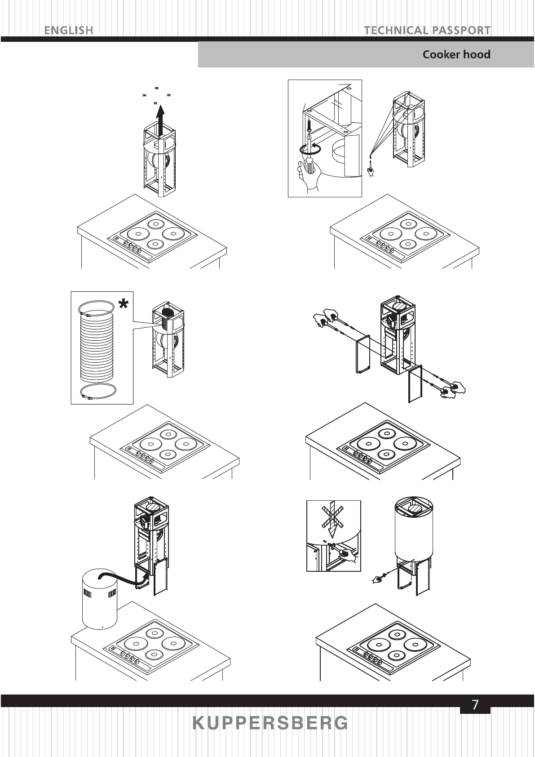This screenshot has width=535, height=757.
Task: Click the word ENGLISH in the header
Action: [x=69, y=31]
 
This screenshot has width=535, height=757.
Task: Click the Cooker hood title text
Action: [x=456, y=55]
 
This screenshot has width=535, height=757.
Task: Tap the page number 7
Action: [x=475, y=705]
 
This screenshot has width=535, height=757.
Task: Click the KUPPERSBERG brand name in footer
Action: [x=270, y=723]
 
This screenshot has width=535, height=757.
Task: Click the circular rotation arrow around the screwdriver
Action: [x=310, y=149]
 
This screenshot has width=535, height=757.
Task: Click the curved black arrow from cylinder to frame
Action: [x=121, y=577]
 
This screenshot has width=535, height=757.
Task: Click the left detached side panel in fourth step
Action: [x=362, y=354]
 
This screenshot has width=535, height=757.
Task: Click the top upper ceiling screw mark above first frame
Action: [x=157, y=88]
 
